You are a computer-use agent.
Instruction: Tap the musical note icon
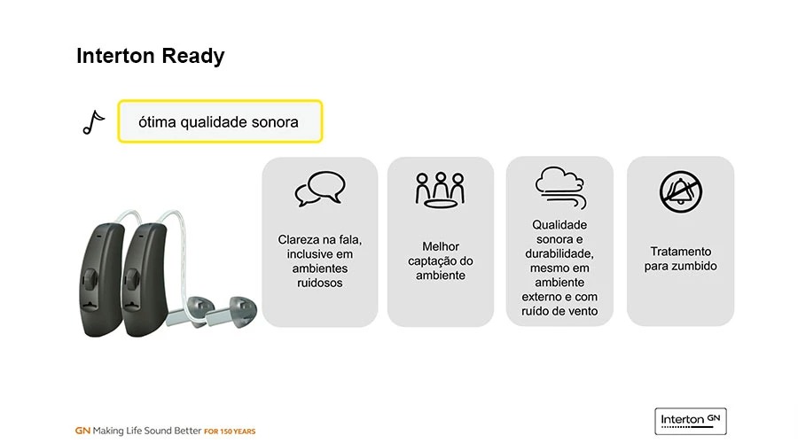point(93,122)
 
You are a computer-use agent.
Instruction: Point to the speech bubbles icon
point(320,188)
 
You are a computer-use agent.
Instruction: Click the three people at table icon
point(440,190)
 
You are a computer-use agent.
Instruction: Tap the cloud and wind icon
point(559,187)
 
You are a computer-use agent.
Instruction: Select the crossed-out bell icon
point(681,191)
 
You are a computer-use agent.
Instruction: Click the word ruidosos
point(319,283)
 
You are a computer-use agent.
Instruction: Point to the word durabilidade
point(559,253)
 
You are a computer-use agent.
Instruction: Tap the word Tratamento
point(680,252)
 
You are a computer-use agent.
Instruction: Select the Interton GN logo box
point(691,421)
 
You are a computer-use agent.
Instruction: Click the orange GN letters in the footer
point(82,431)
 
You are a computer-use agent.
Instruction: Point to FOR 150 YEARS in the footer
point(230,431)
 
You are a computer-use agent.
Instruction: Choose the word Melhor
point(441,246)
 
